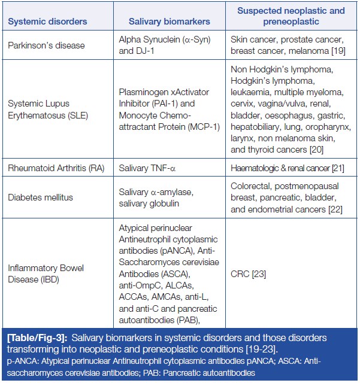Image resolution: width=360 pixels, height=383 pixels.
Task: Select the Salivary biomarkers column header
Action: (x=170, y=22)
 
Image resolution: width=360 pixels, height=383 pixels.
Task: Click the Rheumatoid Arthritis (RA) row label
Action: (x=56, y=168)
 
